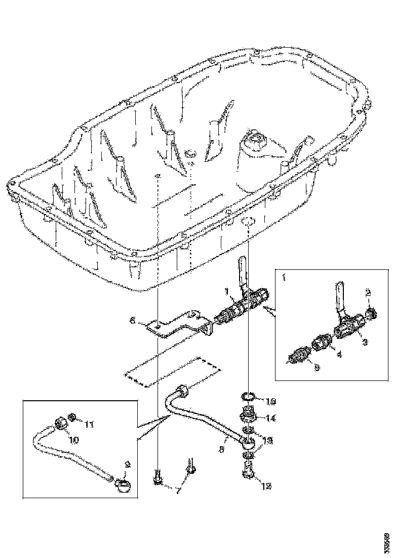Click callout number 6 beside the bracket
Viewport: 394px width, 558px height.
(x=133, y=321)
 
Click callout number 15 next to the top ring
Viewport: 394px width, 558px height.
(x=271, y=402)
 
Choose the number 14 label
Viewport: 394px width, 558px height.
(x=271, y=419)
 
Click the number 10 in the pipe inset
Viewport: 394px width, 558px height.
(x=74, y=440)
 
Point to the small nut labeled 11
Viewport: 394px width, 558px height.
(x=72, y=418)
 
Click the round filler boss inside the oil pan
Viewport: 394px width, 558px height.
(x=254, y=140)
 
